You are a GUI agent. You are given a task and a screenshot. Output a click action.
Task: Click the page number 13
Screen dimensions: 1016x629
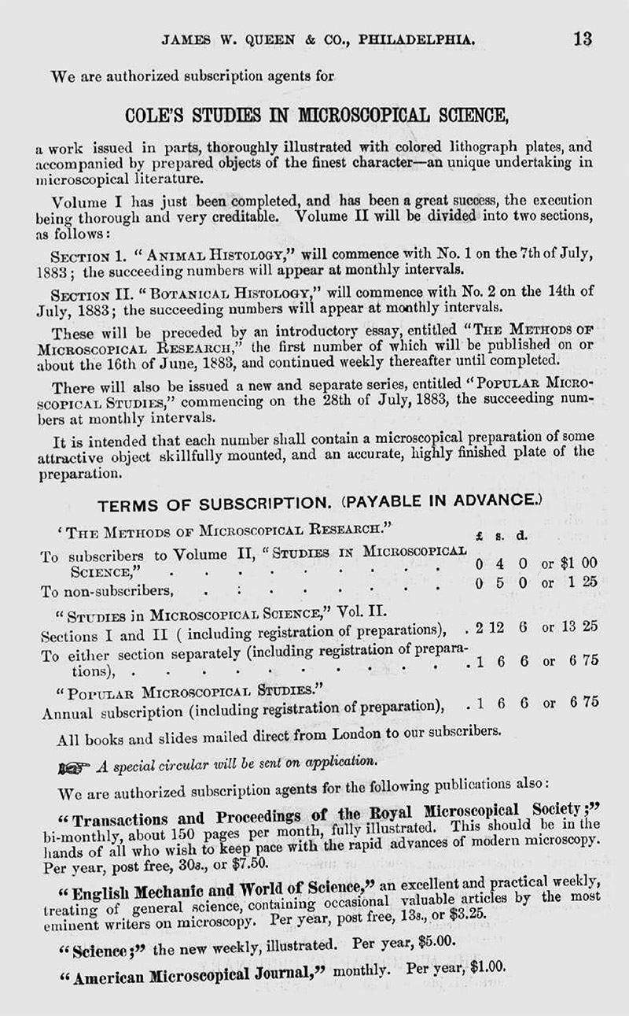(583, 39)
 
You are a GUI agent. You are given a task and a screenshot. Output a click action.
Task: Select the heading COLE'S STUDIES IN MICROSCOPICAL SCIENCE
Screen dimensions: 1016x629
(317, 115)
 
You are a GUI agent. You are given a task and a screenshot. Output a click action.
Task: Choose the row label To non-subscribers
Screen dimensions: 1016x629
(107, 589)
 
